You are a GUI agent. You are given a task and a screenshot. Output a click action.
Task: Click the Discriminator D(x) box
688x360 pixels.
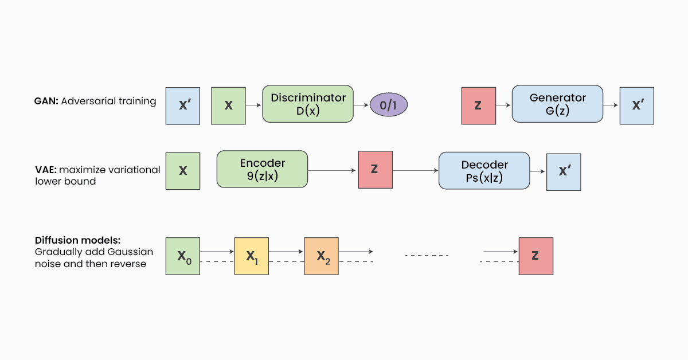click(308, 104)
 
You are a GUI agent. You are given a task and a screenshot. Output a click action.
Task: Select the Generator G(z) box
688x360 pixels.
click(557, 104)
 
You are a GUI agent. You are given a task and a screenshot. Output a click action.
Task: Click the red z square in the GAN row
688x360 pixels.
click(479, 105)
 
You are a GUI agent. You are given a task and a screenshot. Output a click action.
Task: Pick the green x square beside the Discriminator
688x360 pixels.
click(228, 105)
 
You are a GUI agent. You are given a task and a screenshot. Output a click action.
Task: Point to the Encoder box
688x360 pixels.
click(262, 169)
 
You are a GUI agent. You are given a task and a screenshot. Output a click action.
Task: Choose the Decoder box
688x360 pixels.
click(484, 170)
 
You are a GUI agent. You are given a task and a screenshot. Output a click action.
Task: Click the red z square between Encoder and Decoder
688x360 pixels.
click(375, 170)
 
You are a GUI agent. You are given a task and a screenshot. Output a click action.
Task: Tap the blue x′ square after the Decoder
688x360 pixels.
click(564, 171)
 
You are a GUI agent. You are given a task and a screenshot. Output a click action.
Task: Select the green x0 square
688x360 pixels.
click(183, 256)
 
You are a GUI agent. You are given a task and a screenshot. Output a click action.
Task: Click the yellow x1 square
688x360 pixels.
click(252, 256)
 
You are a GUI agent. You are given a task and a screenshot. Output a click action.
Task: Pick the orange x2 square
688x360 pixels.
click(322, 256)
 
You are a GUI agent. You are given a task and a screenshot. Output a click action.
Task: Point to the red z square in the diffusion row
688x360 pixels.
click(535, 256)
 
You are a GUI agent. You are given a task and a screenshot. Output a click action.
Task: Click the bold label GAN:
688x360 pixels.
click(46, 101)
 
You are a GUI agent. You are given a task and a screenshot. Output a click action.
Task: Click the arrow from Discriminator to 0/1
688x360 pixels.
click(361, 105)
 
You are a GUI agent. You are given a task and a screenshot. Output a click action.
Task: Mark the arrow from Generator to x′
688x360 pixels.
click(611, 105)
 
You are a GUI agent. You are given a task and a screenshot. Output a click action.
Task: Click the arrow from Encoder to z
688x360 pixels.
click(333, 170)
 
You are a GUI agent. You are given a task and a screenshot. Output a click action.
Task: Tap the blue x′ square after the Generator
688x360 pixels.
click(636, 105)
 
